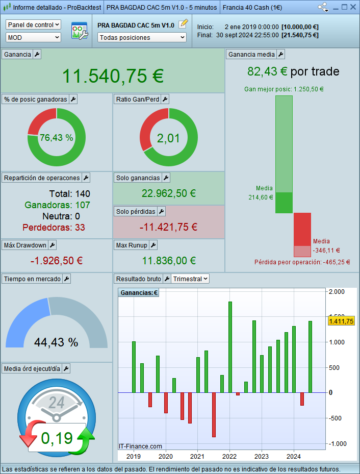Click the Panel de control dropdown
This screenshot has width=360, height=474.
(x=33, y=24)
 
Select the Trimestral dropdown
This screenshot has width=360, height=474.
(x=190, y=279)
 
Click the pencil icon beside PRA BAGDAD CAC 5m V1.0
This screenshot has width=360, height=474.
(x=184, y=24)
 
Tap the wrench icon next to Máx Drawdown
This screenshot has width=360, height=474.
(x=53, y=245)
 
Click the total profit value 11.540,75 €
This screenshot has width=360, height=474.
(x=113, y=76)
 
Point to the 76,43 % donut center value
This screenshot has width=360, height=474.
(x=56, y=138)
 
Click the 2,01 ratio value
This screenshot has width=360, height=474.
(x=168, y=138)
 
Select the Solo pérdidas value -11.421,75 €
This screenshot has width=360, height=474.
(x=168, y=227)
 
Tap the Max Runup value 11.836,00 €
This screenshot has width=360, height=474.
(x=169, y=261)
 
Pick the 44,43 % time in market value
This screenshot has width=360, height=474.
(x=56, y=342)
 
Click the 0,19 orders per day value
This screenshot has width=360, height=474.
(x=57, y=438)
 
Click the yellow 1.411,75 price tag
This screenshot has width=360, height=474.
(x=341, y=321)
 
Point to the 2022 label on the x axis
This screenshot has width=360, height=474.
(x=229, y=456)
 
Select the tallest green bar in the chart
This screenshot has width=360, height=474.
(x=230, y=347)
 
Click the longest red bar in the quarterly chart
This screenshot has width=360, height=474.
(x=214, y=415)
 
